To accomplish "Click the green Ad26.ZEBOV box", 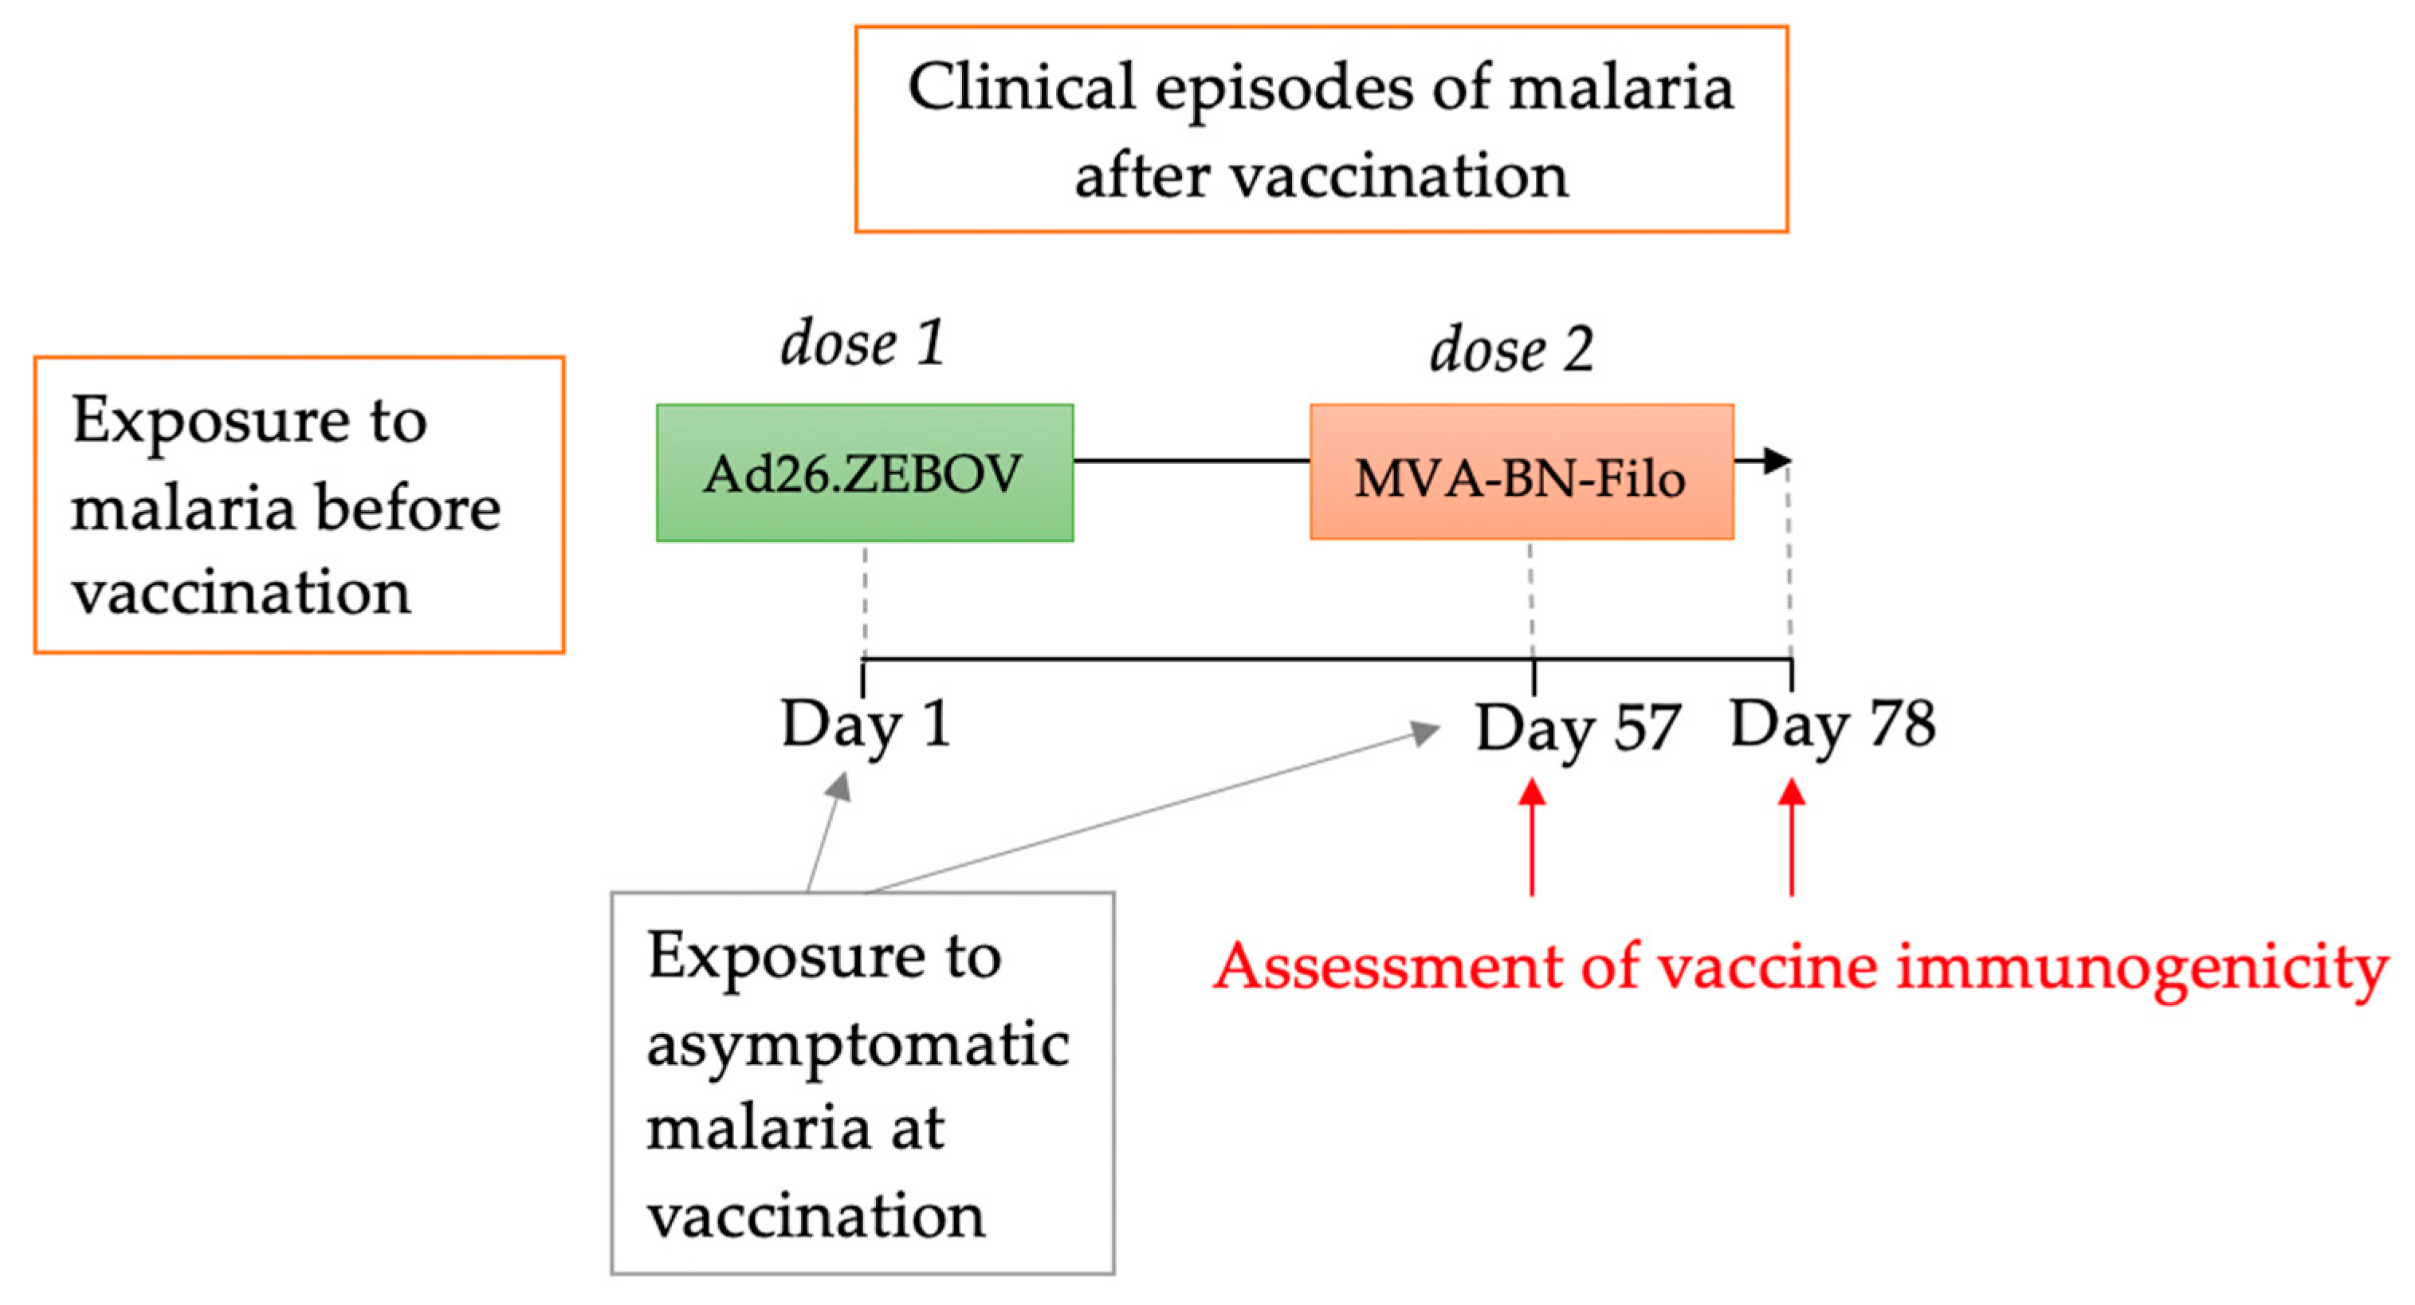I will click(x=864, y=473).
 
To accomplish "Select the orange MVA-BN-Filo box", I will click(x=1522, y=473).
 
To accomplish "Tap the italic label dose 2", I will click(x=1511, y=350).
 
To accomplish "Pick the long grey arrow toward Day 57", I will click(x=1153, y=810).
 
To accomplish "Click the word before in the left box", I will click(x=406, y=508).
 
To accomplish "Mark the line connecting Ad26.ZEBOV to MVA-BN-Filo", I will click(x=1191, y=460).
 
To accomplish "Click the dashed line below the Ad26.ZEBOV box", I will click(x=864, y=600).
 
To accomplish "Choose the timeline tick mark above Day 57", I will click(x=1533, y=676).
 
